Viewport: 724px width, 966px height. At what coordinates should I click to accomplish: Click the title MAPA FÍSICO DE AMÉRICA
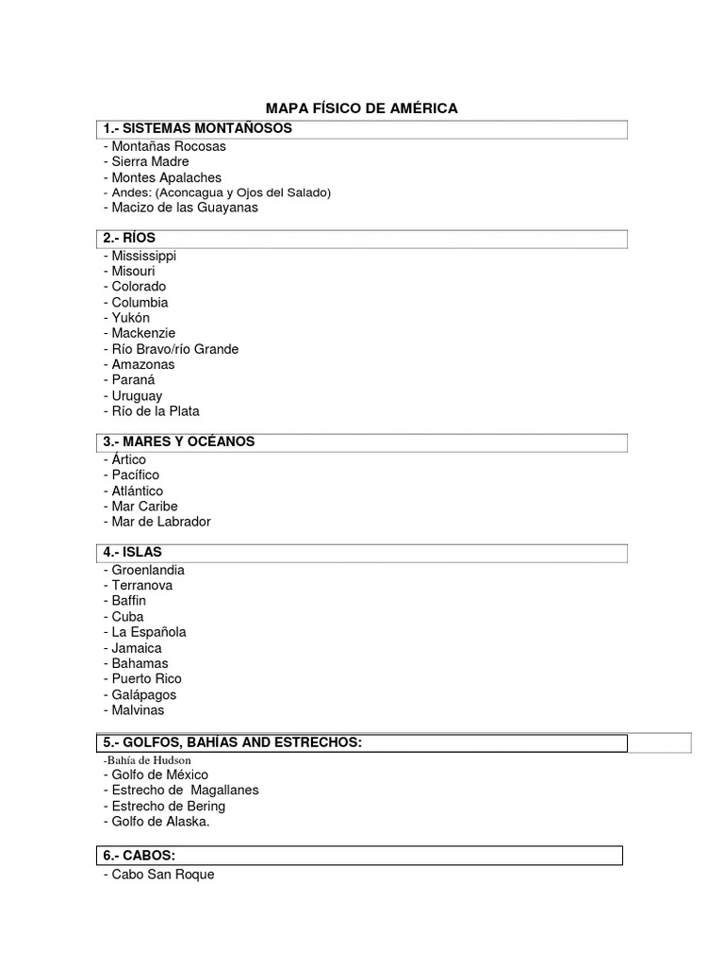click(362, 108)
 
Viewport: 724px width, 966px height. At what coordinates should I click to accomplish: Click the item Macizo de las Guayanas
click(184, 208)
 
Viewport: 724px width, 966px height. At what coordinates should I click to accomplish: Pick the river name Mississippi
click(143, 256)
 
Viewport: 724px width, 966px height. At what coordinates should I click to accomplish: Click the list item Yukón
click(130, 318)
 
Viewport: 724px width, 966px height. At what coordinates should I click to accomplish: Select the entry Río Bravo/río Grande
click(174, 349)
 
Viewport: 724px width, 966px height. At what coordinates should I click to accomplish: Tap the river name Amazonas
click(142, 364)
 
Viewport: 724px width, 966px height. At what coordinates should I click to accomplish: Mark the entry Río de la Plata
click(155, 411)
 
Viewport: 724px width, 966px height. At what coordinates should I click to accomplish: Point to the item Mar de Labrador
click(160, 522)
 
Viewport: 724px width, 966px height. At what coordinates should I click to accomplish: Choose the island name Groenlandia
click(147, 570)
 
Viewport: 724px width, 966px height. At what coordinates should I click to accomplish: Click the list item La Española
click(148, 632)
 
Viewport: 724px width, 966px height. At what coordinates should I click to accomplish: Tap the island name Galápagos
click(143, 695)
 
